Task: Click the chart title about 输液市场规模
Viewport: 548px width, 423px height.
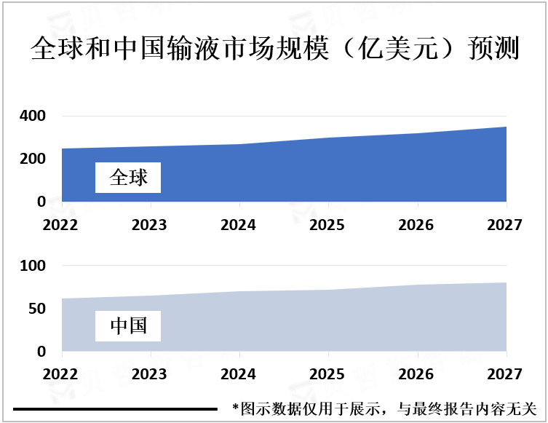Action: [274, 50]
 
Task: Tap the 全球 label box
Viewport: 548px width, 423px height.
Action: [128, 177]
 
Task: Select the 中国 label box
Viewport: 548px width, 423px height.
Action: [128, 326]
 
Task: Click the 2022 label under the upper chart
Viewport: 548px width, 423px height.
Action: [62, 225]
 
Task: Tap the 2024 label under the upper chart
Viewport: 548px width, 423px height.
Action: [239, 225]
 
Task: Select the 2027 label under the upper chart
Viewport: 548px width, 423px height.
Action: [505, 225]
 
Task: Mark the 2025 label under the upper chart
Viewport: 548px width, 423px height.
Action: [327, 225]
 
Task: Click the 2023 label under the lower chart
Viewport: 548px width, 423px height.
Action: [150, 374]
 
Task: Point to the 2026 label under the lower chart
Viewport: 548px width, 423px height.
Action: [416, 374]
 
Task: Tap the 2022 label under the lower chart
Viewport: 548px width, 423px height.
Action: [62, 374]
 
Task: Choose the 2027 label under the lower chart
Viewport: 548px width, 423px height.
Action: [505, 374]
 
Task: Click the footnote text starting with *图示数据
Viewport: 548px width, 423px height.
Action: [384, 408]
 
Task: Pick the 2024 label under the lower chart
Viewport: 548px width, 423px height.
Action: [239, 374]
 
